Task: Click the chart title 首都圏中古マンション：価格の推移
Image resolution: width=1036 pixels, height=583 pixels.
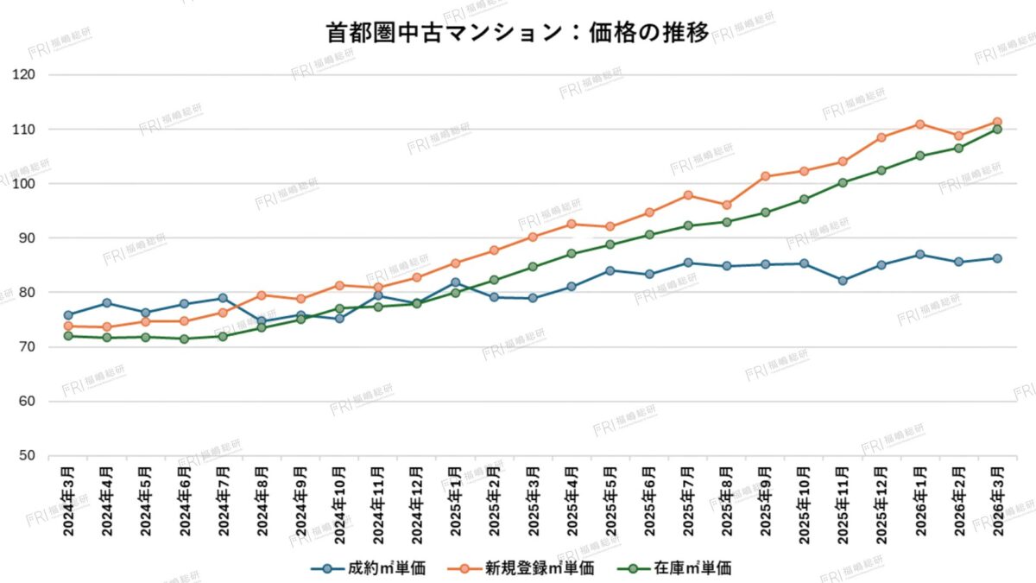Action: pos(518,33)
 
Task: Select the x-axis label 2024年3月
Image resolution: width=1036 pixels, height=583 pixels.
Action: pos(68,501)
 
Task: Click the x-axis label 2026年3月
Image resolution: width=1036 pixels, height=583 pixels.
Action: pos(997,501)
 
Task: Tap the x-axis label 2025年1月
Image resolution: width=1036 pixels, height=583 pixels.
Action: pos(455,501)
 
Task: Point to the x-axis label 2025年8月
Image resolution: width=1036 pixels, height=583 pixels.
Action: pos(726,501)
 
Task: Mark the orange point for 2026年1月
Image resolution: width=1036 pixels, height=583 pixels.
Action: pos(920,124)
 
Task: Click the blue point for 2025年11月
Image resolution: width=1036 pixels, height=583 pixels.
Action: pos(843,281)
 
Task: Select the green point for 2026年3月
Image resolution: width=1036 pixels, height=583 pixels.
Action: pos(997,130)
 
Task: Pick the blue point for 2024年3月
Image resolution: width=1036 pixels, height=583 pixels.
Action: pos(68,315)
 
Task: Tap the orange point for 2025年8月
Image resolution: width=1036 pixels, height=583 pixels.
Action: pos(726,206)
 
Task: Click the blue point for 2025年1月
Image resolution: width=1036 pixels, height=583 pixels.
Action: pos(455,282)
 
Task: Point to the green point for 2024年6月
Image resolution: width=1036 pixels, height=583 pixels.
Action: pos(184,339)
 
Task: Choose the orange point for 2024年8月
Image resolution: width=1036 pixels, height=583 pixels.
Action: pos(262,295)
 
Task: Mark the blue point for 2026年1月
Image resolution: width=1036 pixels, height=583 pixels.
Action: pos(920,255)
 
